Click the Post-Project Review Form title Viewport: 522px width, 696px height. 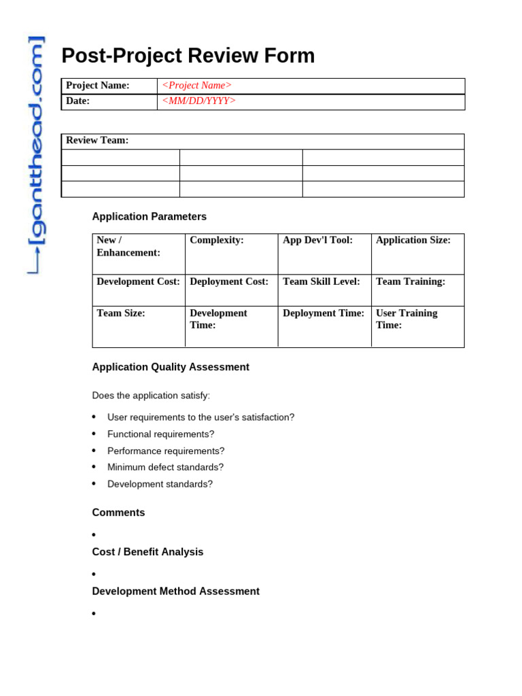click(x=188, y=56)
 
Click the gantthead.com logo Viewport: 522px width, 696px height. click(x=36, y=155)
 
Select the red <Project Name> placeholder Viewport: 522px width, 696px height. click(x=196, y=86)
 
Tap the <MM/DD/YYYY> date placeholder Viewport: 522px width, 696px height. click(x=198, y=101)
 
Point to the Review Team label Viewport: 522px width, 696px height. click(x=97, y=141)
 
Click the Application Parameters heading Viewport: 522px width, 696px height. click(x=150, y=217)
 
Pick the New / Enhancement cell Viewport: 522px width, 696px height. click(x=138, y=254)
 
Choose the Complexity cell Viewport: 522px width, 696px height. click(x=231, y=254)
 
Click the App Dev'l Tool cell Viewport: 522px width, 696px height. click(x=324, y=254)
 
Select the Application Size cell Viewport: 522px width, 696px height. click(x=417, y=254)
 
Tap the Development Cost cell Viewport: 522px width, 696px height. click(x=138, y=290)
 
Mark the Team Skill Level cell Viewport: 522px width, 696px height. click(x=324, y=290)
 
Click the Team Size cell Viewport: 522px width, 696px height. click(x=138, y=326)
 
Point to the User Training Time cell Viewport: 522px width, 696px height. click(x=417, y=326)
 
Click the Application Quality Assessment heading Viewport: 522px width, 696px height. click(x=171, y=367)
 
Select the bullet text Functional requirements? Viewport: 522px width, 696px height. click(x=160, y=434)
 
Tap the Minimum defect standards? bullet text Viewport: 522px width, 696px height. click(x=165, y=468)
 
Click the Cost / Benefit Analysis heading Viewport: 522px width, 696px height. click(x=147, y=552)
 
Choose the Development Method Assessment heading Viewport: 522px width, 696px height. click(x=175, y=591)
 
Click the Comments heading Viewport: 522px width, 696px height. click(x=118, y=512)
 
